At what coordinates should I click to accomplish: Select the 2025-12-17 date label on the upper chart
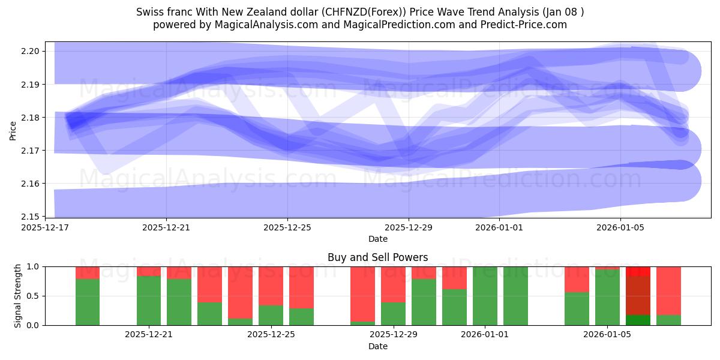[x=45, y=227]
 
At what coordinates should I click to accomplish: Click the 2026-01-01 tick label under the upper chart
[x=499, y=227]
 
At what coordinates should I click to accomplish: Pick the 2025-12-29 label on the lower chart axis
[x=393, y=335]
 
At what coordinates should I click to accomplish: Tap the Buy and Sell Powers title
[x=377, y=257]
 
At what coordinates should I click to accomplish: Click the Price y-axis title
[x=13, y=130]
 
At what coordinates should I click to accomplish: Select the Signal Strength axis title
[x=18, y=295]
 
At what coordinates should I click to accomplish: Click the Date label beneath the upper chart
[x=377, y=239]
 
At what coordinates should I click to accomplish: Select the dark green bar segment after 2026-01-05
[x=638, y=320]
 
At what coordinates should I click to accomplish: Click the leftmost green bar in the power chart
[x=88, y=302]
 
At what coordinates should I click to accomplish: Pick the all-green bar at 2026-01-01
[x=485, y=296]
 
